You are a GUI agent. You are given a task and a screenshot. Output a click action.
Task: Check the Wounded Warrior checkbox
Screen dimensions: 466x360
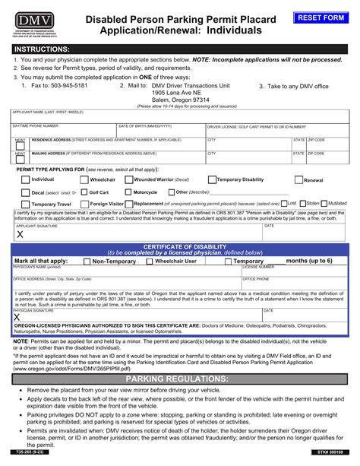click(129, 179)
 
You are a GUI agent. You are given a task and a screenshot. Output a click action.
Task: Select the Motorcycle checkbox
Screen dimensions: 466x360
click(129, 192)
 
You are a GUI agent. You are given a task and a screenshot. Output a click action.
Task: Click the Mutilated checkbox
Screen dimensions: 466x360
click(326, 204)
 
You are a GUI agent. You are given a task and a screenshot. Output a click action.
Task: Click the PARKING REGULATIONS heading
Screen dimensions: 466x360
click(180, 379)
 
